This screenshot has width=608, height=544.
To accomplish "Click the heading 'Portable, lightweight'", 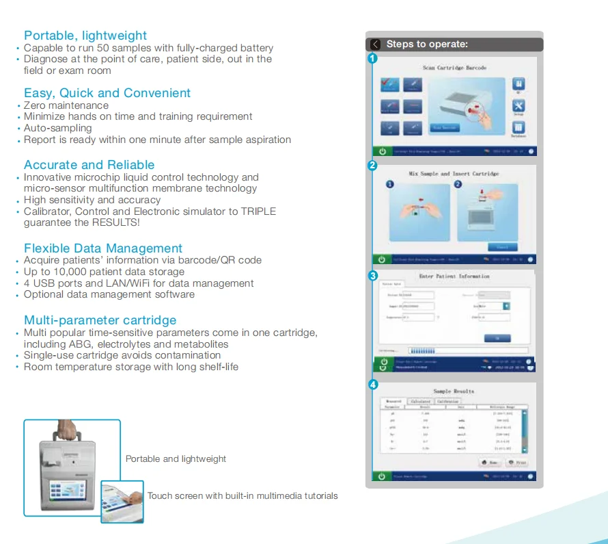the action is point(85,36).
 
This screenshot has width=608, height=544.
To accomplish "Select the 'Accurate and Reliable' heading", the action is point(89,165).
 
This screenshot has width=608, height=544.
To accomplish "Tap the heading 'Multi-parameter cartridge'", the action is point(100,320).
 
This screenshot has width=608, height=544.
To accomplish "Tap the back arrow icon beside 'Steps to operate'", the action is point(375,44).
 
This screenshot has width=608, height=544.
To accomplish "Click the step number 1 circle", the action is point(372,59).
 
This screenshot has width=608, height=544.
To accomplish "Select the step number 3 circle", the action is point(372,276).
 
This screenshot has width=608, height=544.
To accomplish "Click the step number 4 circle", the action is point(372,385).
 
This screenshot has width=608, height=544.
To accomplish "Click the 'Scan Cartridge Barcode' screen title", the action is point(454,68).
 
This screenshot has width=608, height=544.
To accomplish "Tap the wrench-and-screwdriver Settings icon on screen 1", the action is point(519,106).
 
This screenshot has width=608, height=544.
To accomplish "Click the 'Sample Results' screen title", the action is point(454,391).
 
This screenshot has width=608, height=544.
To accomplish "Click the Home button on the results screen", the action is point(490,463).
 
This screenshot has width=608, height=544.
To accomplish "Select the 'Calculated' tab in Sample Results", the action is point(419,401).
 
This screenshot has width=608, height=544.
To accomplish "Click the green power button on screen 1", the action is point(382,151).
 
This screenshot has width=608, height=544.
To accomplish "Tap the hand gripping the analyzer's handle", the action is point(67,428).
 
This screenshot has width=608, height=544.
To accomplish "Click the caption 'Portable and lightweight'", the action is point(176,458).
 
